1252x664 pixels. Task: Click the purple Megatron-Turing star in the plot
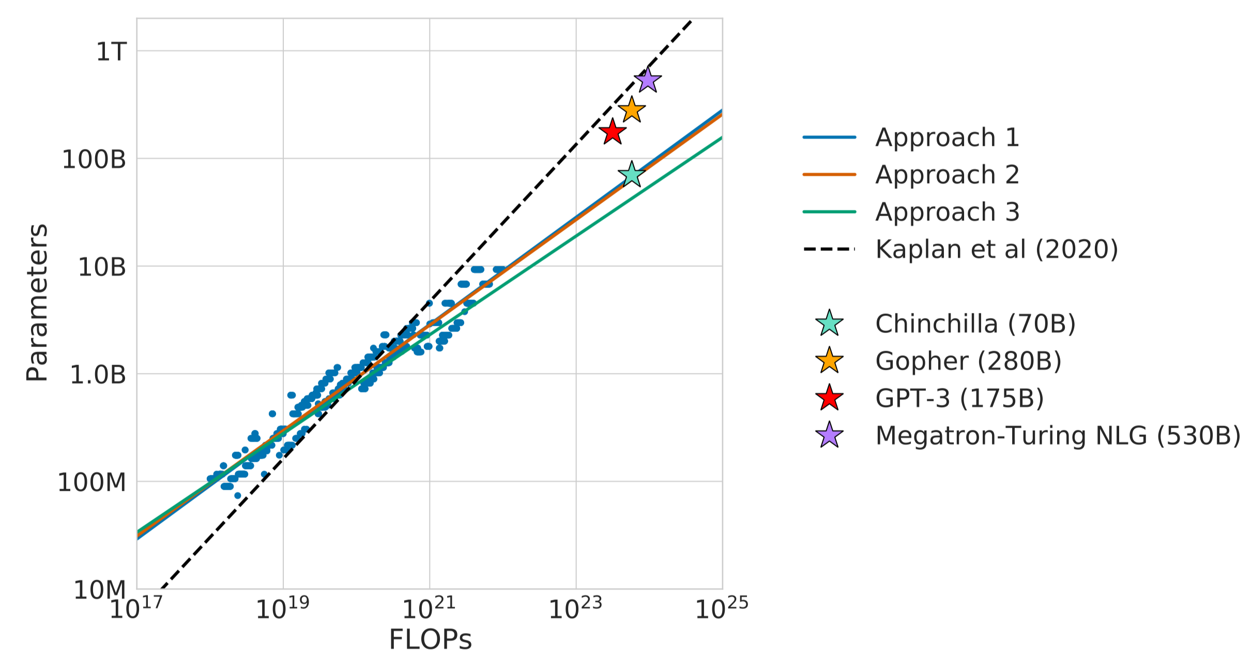(648, 80)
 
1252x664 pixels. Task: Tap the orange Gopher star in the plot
(632, 110)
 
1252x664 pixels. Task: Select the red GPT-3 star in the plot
(613, 132)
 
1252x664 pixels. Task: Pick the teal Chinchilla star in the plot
(631, 174)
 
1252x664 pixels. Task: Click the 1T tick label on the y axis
(111, 51)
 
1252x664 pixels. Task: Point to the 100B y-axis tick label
(94, 159)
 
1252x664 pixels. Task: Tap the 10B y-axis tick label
(102, 267)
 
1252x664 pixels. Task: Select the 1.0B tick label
(98, 374)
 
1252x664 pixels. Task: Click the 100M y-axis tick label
(92, 482)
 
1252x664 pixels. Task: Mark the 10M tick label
(100, 590)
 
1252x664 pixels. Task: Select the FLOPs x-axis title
(430, 640)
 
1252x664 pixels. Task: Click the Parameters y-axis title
(37, 303)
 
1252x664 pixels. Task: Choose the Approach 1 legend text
(947, 138)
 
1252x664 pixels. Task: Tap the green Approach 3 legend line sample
(829, 212)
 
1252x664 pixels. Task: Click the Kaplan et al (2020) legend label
(997, 249)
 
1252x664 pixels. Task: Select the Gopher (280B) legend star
(829, 361)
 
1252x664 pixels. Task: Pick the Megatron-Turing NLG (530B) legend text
(1058, 435)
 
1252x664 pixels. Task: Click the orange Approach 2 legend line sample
(829, 175)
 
